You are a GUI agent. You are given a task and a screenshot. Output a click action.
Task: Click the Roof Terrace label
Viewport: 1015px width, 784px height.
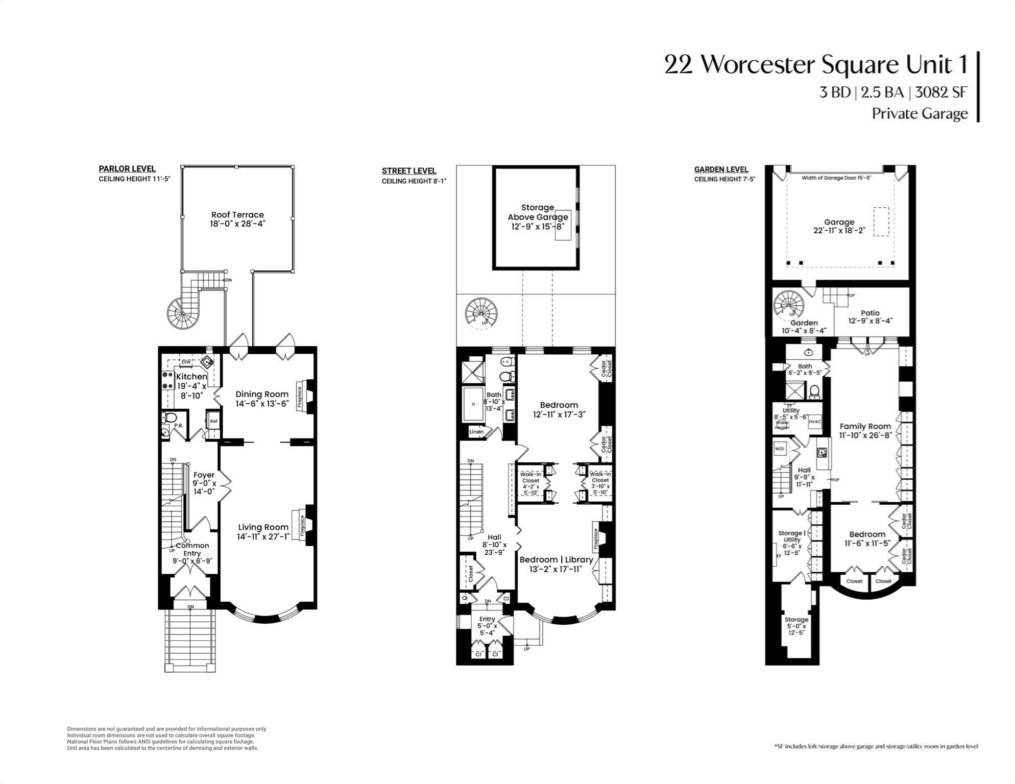pyautogui.click(x=237, y=215)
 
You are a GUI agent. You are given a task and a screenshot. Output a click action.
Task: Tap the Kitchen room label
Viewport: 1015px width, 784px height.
pyautogui.click(x=191, y=377)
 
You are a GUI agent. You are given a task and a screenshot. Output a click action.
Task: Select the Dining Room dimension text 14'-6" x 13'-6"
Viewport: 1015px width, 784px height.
pyautogui.click(x=262, y=403)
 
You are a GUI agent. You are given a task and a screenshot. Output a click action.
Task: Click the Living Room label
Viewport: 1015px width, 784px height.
pyautogui.click(x=263, y=527)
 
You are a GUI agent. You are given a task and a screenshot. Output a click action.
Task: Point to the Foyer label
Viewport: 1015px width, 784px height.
pyautogui.click(x=204, y=475)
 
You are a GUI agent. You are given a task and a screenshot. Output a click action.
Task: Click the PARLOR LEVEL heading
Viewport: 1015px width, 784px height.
pyautogui.click(x=127, y=169)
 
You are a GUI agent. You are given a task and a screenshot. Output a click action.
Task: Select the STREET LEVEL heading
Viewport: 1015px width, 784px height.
pyautogui.click(x=409, y=171)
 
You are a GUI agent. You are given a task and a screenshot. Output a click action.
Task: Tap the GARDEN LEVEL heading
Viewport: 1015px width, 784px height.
pyautogui.click(x=721, y=169)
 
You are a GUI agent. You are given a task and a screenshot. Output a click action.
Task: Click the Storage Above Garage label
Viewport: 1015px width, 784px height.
pyautogui.click(x=538, y=212)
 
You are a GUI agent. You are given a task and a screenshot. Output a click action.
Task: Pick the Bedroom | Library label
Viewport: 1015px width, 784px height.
pyautogui.click(x=556, y=559)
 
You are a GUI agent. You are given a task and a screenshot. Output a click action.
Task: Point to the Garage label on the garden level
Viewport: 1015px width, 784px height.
pyautogui.click(x=839, y=222)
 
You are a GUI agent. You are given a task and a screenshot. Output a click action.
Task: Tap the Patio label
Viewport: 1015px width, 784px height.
pyautogui.click(x=870, y=313)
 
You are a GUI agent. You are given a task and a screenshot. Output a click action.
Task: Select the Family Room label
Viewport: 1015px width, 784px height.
pyautogui.click(x=865, y=426)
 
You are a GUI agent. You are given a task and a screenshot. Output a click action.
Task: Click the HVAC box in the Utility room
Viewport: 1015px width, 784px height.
pyautogui.click(x=815, y=422)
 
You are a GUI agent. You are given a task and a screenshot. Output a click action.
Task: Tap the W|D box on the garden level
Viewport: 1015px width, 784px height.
pyautogui.click(x=780, y=449)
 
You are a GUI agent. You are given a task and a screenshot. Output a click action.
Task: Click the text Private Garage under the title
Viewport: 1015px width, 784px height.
pyautogui.click(x=919, y=113)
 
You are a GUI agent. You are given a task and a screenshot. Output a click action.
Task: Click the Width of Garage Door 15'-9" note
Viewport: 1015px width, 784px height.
pyautogui.click(x=835, y=178)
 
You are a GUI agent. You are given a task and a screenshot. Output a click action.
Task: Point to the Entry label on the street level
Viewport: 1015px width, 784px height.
pyautogui.click(x=487, y=619)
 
